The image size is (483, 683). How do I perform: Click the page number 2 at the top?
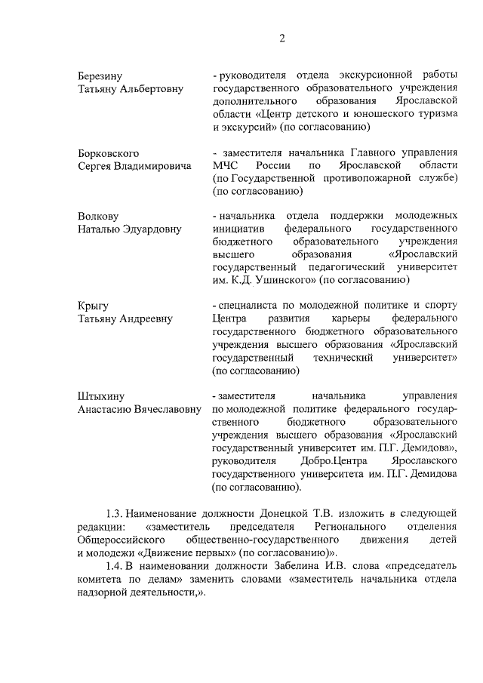click(x=281, y=38)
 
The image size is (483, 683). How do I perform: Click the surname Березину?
click(x=101, y=76)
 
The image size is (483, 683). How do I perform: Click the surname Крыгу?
click(x=94, y=306)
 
